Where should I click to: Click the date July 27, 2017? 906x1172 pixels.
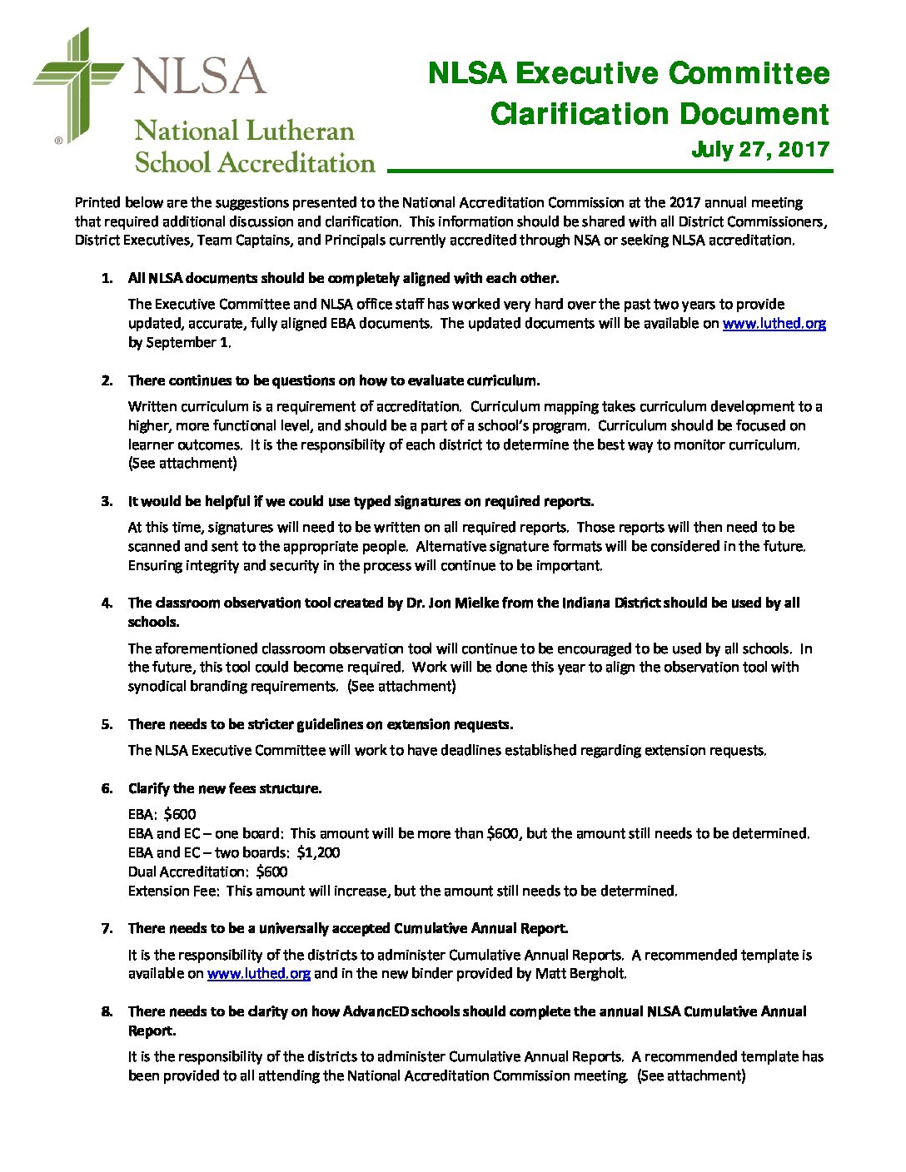coord(760,150)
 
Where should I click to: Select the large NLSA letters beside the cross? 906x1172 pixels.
coord(200,76)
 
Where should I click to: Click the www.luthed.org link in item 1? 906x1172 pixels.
coord(774,324)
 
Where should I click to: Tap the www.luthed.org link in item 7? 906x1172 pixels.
coord(258,974)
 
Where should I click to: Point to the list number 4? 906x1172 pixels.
coord(107,603)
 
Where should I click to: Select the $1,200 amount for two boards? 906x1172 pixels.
coord(318,853)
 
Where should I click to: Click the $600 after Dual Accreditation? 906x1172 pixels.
coord(271,872)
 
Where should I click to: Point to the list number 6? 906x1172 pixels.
coord(107,789)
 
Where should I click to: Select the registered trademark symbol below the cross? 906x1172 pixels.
coord(58,141)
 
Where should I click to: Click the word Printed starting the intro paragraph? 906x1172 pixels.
coord(97,202)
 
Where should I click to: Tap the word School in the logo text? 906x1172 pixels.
coord(172,163)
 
